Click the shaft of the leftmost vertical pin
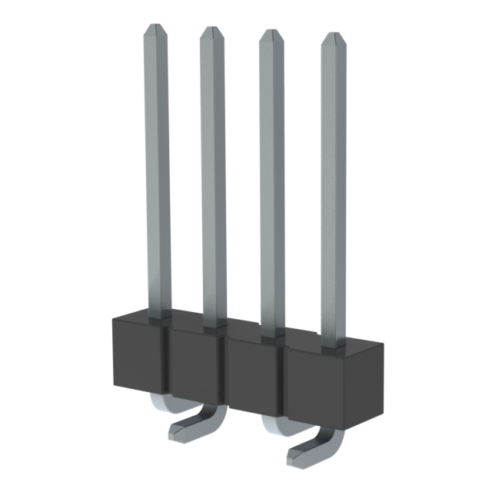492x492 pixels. point(157,169)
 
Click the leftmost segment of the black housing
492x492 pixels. point(138,354)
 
